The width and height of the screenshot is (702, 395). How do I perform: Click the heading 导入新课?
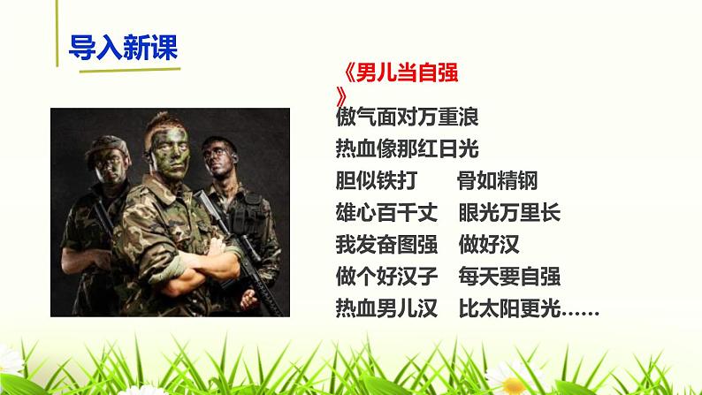123,46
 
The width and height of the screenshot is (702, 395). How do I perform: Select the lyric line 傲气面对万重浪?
408,116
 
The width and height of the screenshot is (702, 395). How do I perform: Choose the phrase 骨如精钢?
497,180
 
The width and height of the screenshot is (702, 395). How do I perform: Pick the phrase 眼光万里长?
510,213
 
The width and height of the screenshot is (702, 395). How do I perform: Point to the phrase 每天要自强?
510,277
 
